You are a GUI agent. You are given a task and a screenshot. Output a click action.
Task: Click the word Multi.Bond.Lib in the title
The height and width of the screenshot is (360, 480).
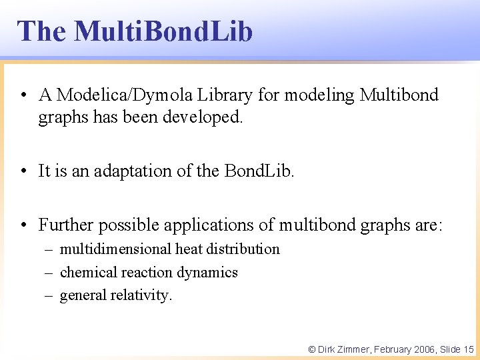[x=163, y=31]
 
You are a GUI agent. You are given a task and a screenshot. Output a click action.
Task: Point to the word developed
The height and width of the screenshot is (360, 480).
[x=209, y=117]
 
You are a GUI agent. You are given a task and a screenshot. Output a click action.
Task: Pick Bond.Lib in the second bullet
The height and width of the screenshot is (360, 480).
[x=259, y=171]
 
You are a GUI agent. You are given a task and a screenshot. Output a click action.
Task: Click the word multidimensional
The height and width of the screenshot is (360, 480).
[x=115, y=249]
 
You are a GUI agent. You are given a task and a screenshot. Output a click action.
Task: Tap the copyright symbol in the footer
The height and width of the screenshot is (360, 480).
[x=311, y=349]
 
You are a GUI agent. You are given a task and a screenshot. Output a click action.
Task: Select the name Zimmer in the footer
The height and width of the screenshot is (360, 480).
[x=353, y=349]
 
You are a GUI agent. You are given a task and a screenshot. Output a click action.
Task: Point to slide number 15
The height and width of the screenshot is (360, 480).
[x=468, y=349]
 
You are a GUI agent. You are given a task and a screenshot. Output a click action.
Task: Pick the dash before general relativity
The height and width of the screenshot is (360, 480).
[x=50, y=295]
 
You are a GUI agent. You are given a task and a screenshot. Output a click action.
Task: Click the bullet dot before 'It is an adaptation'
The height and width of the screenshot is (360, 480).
[x=24, y=171]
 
